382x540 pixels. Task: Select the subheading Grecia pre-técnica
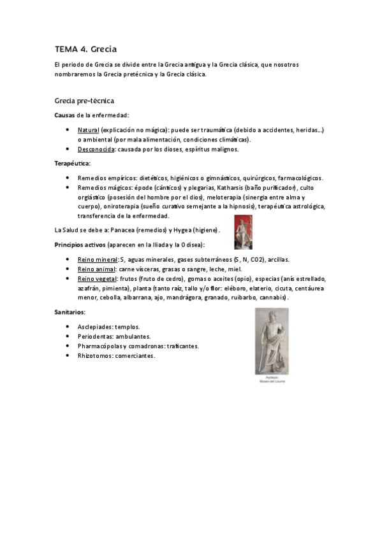(x=84, y=101)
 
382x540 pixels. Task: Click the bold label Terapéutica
(x=72, y=164)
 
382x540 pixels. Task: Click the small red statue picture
(x=243, y=231)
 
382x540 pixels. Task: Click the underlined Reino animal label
(x=97, y=269)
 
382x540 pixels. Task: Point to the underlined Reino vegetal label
(x=98, y=279)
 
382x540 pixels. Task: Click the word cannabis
(x=272, y=297)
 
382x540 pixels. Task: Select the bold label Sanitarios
(x=70, y=312)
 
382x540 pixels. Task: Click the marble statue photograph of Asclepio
(x=271, y=341)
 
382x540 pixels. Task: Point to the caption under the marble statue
(x=271, y=380)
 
